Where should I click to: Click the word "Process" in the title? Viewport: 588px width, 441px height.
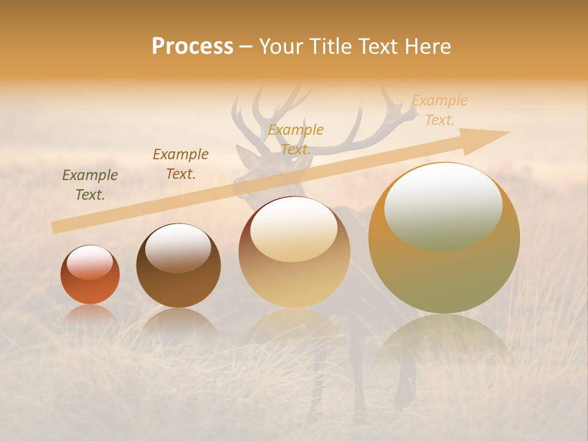192,47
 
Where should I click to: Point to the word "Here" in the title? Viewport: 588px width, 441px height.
427,47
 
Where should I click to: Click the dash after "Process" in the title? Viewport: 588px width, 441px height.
246,47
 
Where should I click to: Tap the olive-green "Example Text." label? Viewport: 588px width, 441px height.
90,185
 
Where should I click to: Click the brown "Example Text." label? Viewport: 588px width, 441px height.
180,164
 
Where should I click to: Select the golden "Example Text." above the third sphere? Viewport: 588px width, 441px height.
296,140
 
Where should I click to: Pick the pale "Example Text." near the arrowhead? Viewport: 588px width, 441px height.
439,110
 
